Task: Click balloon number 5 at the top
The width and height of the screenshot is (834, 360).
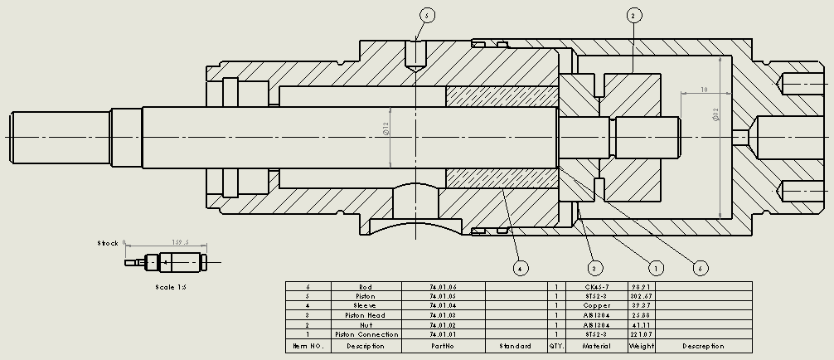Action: point(427,15)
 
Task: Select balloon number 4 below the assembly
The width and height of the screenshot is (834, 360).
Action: point(520,268)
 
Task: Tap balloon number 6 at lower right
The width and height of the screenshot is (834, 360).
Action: point(701,268)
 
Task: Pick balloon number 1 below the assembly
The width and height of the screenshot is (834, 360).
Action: point(656,268)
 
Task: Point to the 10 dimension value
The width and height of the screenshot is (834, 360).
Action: point(703,89)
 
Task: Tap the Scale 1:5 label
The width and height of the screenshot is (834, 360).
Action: point(172,287)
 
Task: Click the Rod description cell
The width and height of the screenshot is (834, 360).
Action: point(366,286)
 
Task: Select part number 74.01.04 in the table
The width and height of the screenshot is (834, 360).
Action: point(443,305)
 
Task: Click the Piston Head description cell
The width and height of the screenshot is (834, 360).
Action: point(366,315)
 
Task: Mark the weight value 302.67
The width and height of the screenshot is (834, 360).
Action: point(642,296)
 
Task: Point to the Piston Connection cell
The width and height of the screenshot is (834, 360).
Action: point(366,334)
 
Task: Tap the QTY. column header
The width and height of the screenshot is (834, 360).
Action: point(555,346)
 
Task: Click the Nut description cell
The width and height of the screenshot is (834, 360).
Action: point(366,324)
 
